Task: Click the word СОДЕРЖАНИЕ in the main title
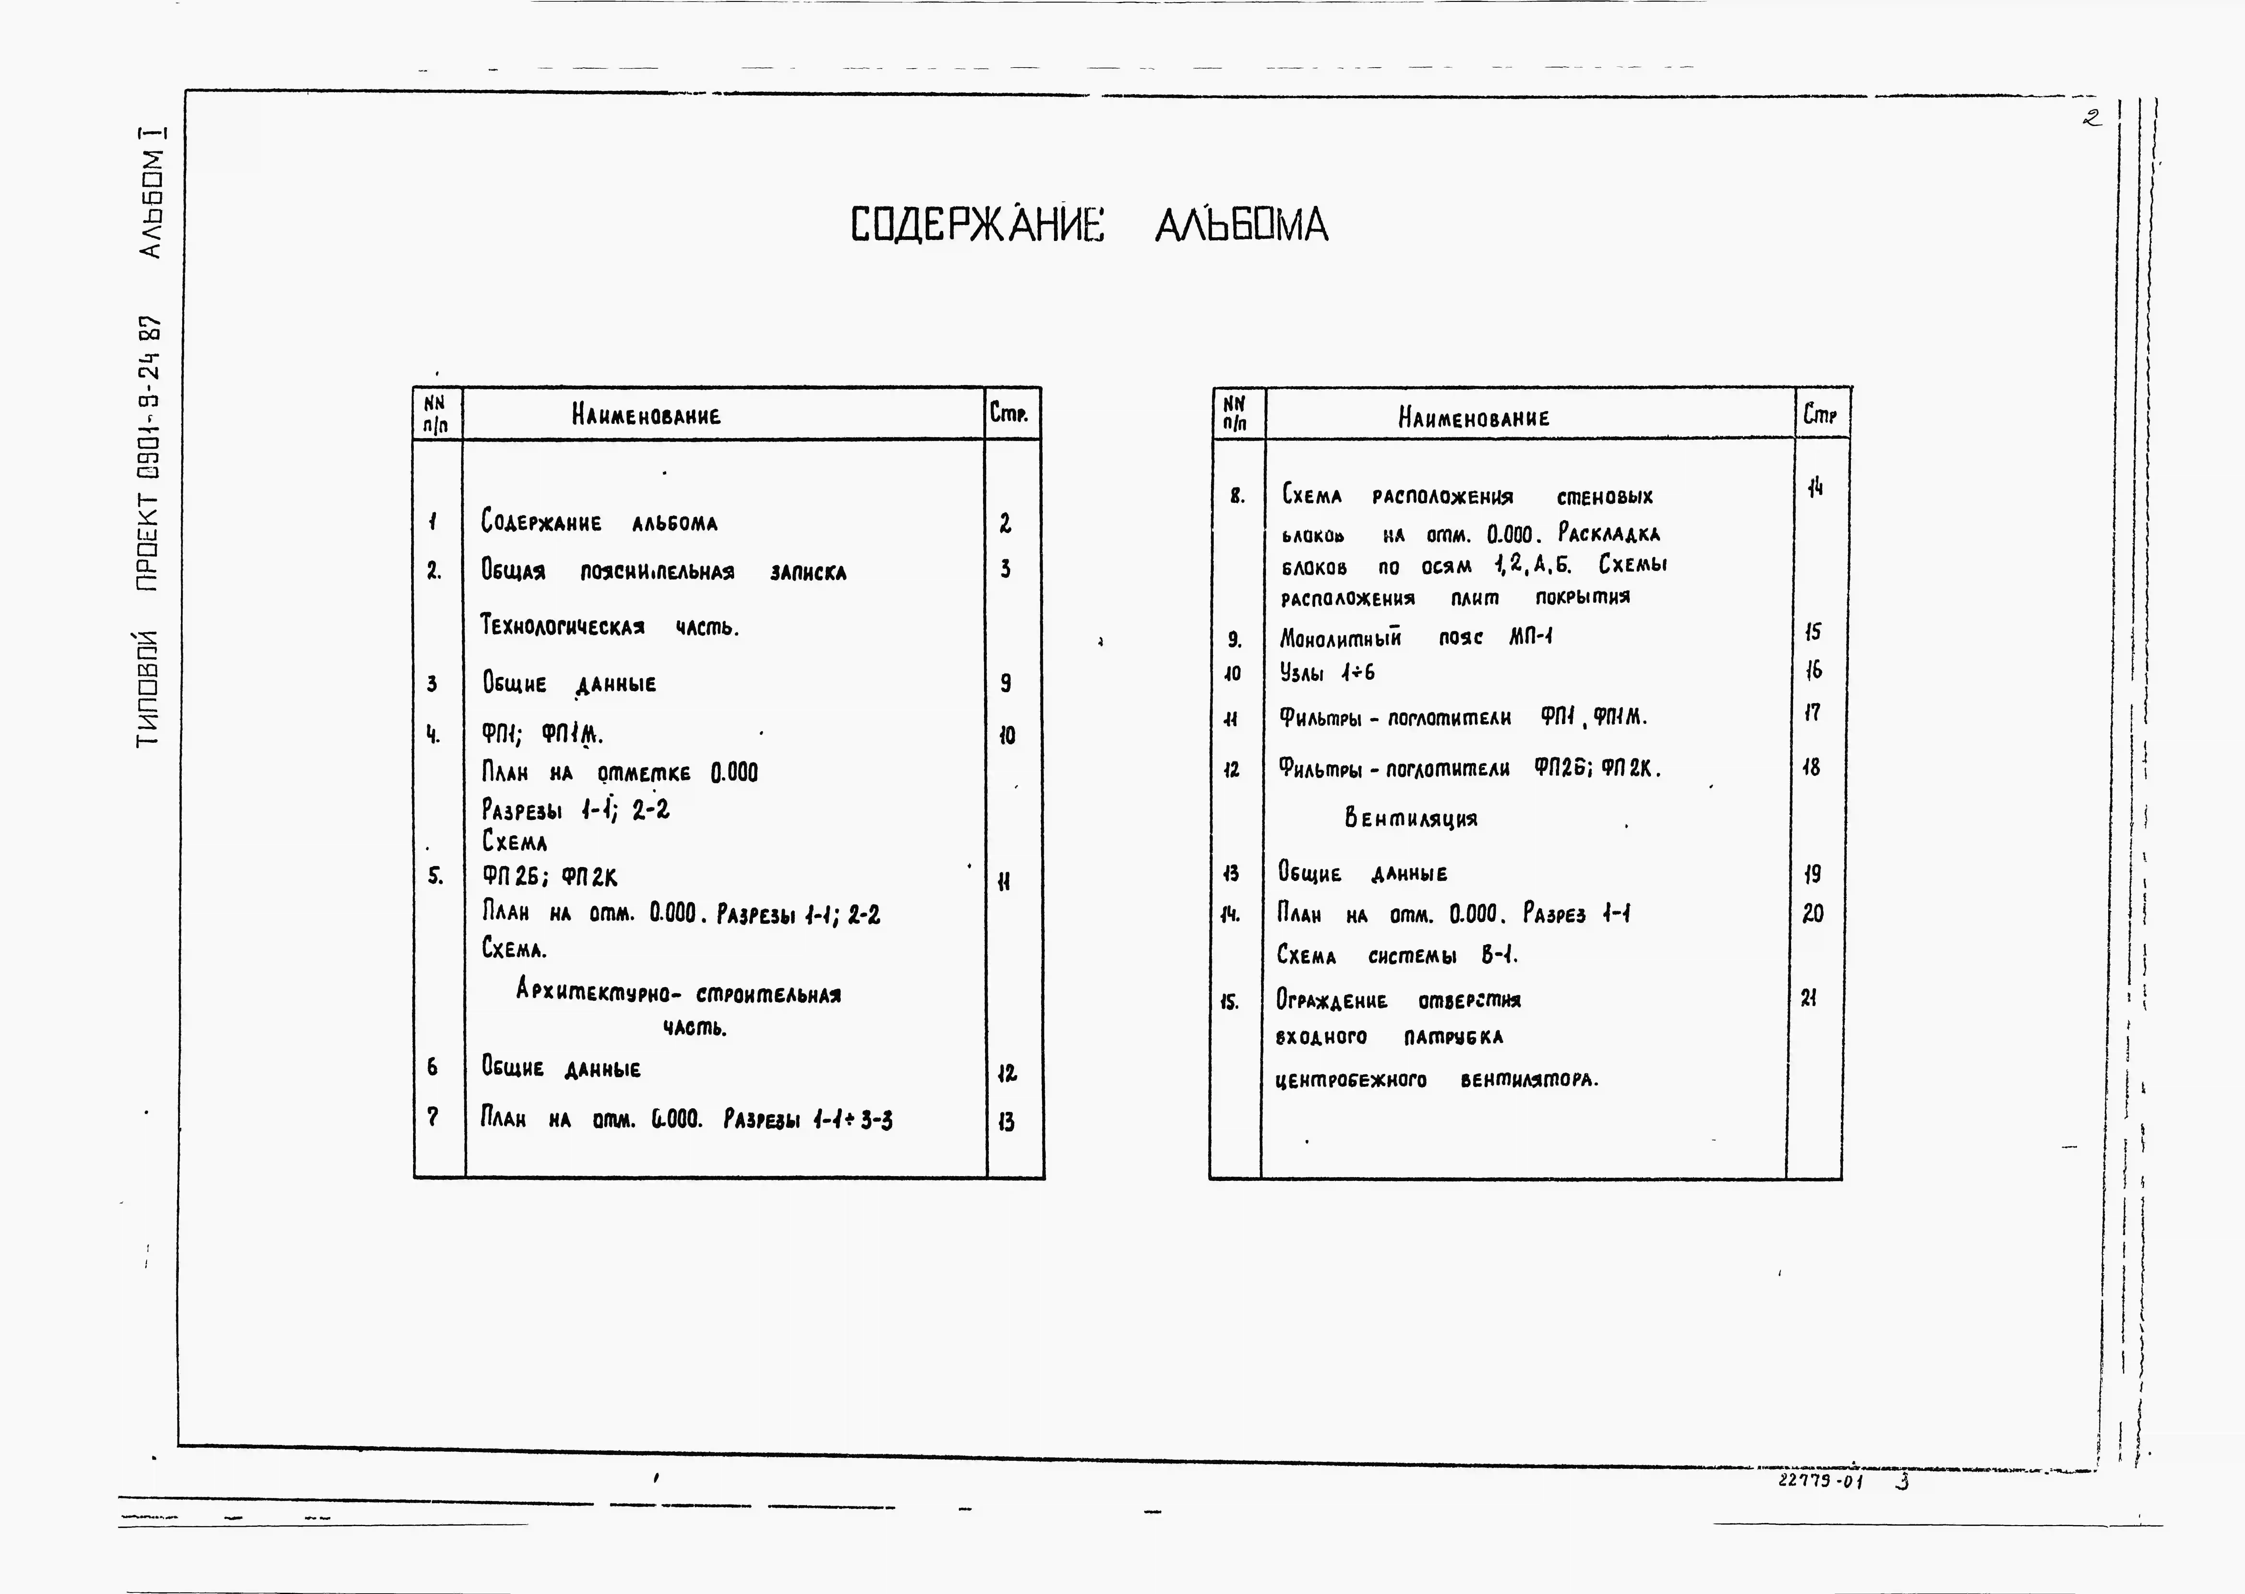coord(976,225)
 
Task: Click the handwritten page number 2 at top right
coord(2092,118)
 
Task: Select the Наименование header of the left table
coord(646,415)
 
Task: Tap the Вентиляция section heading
coord(1410,818)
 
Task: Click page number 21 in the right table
coord(1808,998)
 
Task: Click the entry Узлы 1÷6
coord(1327,672)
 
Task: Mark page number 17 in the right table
coord(1811,713)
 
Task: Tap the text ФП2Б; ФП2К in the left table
coord(549,877)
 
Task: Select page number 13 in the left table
coord(1006,1121)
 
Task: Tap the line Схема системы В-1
coord(1396,955)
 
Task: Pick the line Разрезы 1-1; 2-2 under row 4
coord(575,810)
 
